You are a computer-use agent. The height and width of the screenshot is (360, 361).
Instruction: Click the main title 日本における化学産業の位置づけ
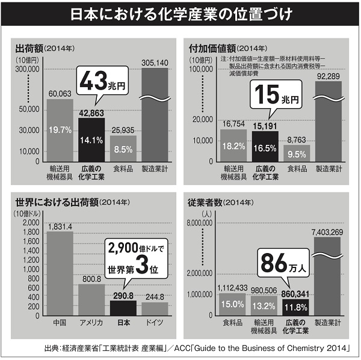pos(180,14)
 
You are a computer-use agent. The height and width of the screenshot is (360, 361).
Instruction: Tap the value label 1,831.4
pos(60,226)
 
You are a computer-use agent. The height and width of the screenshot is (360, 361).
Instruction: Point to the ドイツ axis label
pos(155,323)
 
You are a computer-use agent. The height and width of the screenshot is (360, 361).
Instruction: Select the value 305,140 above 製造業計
pos(155,62)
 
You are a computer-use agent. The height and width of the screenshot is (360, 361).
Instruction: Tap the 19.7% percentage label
pos(60,129)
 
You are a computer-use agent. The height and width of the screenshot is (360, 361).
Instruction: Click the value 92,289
pos(328,76)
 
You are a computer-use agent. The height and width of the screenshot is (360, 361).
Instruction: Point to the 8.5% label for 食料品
pos(123,149)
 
